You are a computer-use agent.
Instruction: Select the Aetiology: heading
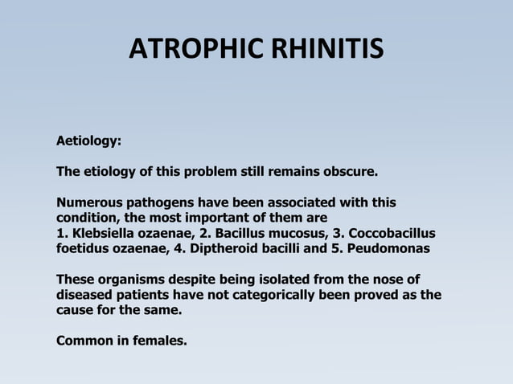[88, 141]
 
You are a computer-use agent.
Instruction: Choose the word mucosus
[281, 233]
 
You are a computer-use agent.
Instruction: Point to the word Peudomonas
[389, 248]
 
